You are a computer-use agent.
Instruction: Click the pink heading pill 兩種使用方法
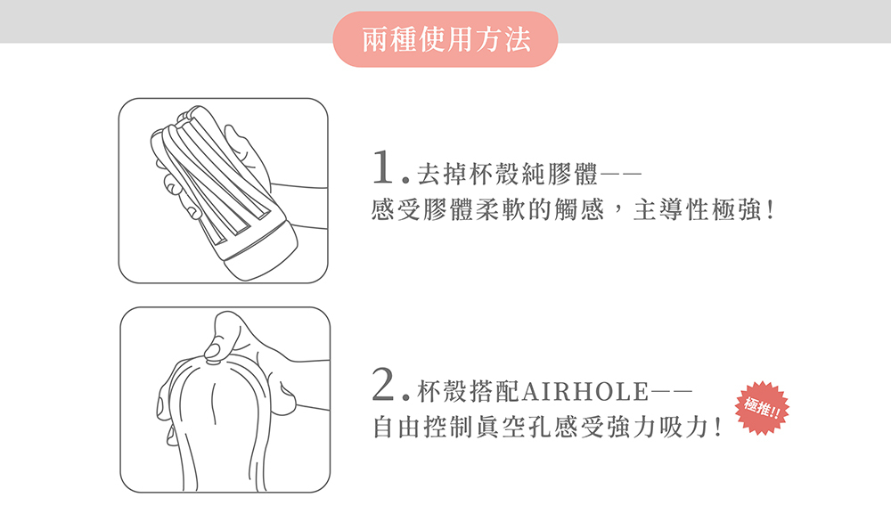pyautogui.click(x=445, y=39)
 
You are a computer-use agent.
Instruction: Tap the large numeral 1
pyautogui.click(x=383, y=167)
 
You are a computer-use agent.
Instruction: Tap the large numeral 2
pyautogui.click(x=383, y=384)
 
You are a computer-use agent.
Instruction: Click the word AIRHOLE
pyautogui.click(x=584, y=391)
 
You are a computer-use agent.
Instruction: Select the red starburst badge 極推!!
pyautogui.click(x=762, y=408)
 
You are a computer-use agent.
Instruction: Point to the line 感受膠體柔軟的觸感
pyautogui.click(x=487, y=209)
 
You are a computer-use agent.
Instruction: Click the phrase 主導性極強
pyautogui.click(x=697, y=209)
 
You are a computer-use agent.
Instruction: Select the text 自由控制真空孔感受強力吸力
pyautogui.click(x=539, y=427)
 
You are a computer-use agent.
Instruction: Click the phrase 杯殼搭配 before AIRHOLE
pyautogui.click(x=469, y=391)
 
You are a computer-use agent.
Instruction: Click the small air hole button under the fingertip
pyautogui.click(x=214, y=360)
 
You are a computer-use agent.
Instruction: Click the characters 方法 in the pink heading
pyautogui.click(x=503, y=39)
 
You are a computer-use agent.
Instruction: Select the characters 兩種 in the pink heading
pyautogui.click(x=389, y=39)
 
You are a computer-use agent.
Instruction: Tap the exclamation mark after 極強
pyautogui.click(x=770, y=210)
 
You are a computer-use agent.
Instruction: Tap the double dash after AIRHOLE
pyautogui.click(x=671, y=391)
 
